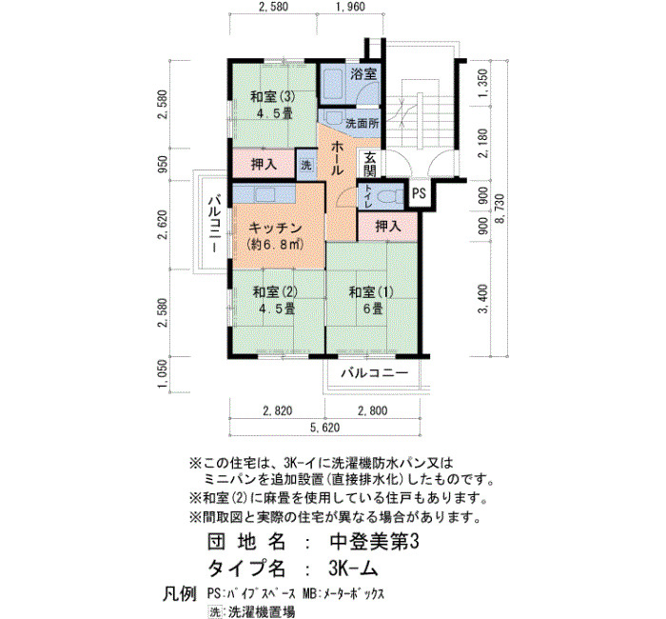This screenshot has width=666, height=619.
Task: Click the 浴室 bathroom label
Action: point(363,74)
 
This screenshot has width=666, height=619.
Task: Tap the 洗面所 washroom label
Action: point(362,124)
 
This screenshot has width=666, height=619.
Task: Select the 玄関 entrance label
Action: point(370,164)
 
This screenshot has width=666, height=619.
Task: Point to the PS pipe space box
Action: point(419,193)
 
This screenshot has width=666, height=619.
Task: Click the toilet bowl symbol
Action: point(389,196)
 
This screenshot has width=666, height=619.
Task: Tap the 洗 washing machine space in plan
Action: point(305,165)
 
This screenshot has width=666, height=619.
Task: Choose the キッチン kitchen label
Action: point(275,229)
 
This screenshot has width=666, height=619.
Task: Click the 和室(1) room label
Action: point(371,292)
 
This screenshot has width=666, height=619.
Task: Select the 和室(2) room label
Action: point(275,292)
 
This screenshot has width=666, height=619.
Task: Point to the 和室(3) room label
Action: point(272,97)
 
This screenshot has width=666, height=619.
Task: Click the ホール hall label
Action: point(337,158)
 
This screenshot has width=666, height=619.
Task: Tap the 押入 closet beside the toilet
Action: point(388,227)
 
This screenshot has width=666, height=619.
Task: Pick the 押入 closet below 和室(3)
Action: point(264,164)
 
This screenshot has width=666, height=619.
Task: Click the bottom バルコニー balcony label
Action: point(375,373)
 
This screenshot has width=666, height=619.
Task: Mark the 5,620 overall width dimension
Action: point(325,428)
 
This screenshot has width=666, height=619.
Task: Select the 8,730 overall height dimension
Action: point(499,209)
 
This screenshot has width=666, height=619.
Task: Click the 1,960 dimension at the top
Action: point(350,7)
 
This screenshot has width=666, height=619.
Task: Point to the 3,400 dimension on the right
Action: point(483,299)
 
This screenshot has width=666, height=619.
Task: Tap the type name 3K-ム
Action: point(353,568)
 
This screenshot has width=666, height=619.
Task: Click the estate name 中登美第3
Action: point(374,542)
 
